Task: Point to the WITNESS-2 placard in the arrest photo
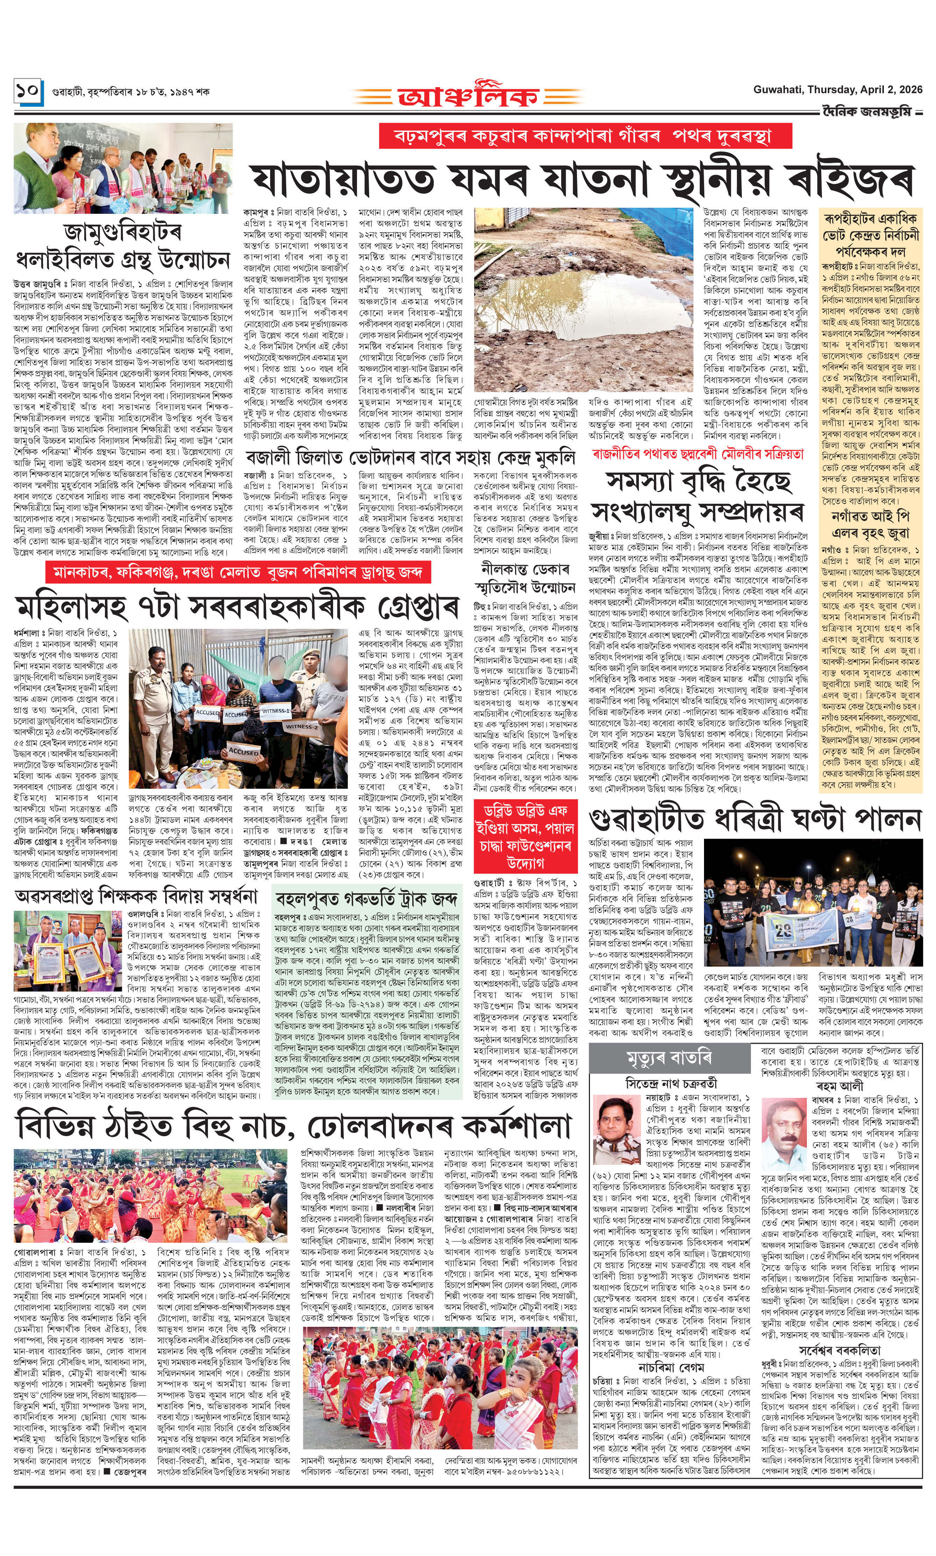click(x=301, y=727)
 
